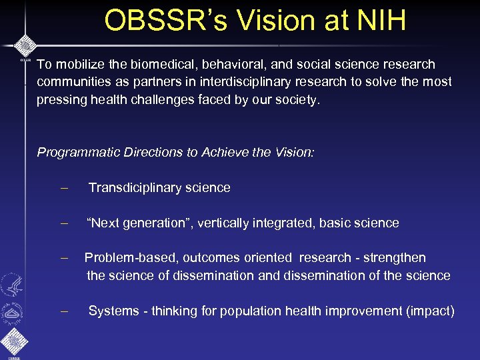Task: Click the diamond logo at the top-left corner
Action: [x=25, y=47]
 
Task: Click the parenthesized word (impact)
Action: [x=433, y=311]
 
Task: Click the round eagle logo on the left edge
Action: [x=11, y=285]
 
